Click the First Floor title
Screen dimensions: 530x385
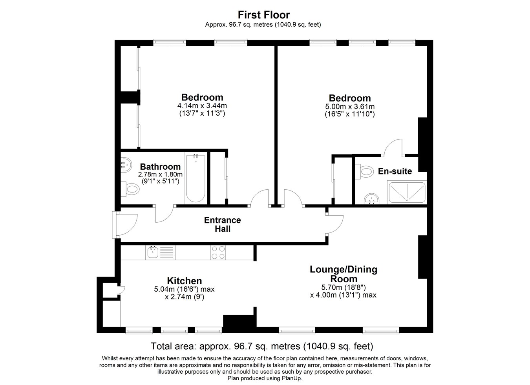263,15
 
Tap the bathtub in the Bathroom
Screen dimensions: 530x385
196,178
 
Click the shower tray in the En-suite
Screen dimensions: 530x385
407,192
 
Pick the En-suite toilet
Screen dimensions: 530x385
364,171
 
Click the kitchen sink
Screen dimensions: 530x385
153,252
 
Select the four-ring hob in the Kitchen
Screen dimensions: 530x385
218,252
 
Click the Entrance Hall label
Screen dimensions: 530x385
223,224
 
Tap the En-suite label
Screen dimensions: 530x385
395,171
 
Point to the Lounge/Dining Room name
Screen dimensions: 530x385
344,274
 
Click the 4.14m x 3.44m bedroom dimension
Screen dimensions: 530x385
202,105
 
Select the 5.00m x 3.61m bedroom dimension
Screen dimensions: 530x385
350,106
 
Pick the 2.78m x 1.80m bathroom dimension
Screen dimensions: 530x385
160,174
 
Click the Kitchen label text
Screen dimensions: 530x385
184,281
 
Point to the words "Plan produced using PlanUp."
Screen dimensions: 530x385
265,378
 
